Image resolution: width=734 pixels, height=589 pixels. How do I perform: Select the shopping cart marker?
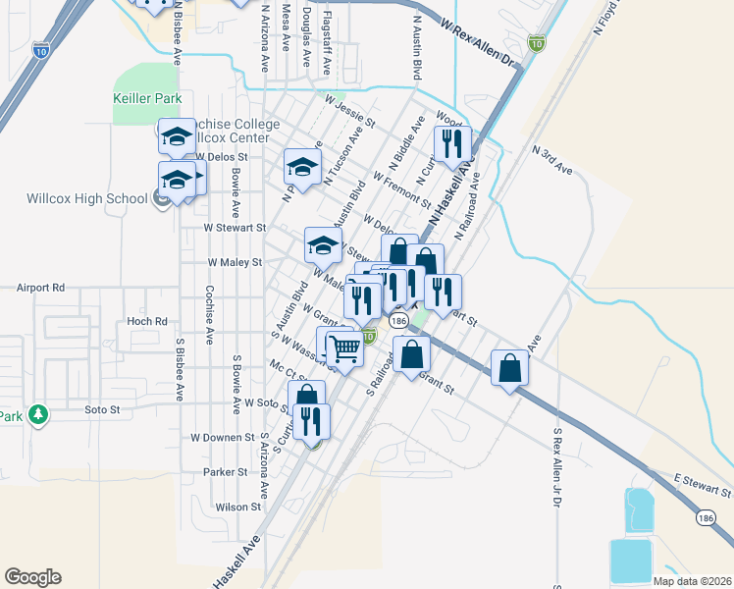tap(344, 348)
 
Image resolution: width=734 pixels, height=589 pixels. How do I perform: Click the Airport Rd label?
tap(40, 289)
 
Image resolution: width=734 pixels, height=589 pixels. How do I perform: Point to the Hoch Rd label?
tap(147, 321)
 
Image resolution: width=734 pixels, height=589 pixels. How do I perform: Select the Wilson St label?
tap(238, 508)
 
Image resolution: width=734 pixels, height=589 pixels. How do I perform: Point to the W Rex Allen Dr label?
tap(478, 43)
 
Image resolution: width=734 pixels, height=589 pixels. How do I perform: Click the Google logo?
tap(32, 577)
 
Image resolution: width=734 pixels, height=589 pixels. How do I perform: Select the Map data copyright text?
tap(692, 581)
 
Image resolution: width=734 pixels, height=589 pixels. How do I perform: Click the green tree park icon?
tap(38, 415)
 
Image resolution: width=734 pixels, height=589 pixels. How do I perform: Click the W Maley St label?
tap(235, 263)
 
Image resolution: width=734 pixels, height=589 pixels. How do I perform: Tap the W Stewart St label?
tap(235, 228)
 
